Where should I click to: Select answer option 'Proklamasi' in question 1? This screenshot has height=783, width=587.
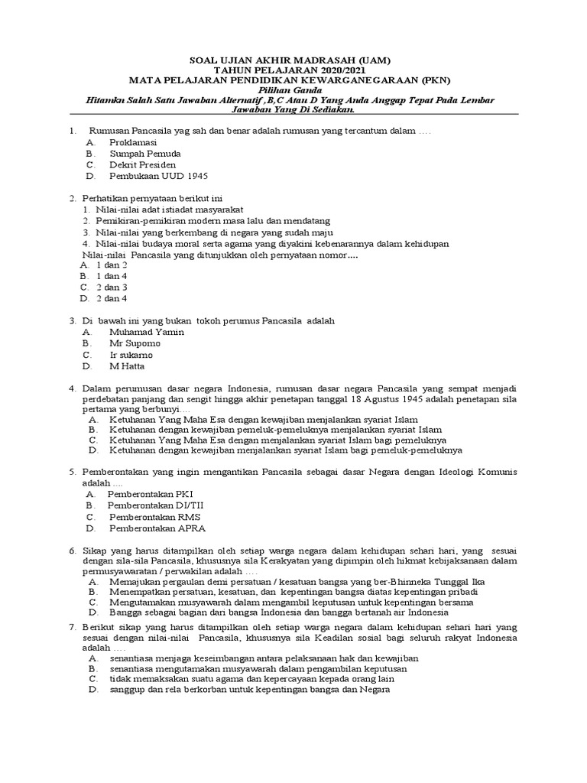[x=133, y=142]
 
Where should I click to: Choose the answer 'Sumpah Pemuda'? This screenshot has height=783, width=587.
[x=144, y=154]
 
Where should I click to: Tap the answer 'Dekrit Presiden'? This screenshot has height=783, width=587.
[x=142, y=164]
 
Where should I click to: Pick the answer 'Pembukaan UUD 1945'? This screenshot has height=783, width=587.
[x=158, y=175]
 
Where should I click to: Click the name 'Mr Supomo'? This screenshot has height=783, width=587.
[x=135, y=344]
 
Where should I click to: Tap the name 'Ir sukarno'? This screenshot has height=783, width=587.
[x=131, y=355]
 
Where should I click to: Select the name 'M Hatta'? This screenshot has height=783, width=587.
[x=127, y=366]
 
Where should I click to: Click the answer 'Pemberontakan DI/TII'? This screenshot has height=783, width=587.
[x=155, y=505]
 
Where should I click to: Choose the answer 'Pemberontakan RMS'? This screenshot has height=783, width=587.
[x=149, y=517]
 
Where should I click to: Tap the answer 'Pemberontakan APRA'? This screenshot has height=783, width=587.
[x=157, y=528]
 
